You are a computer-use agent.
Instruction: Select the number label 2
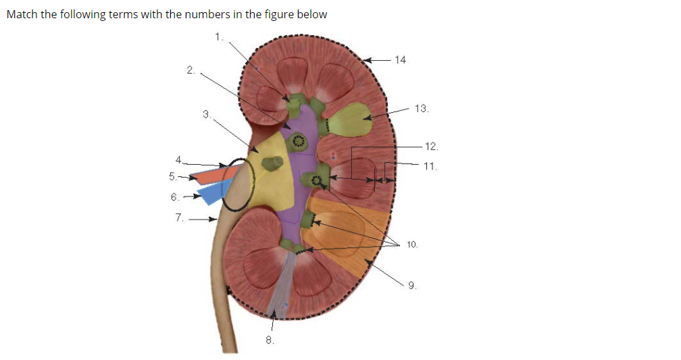point(191,70)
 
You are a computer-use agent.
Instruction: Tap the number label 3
point(206,114)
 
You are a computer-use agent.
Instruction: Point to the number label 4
point(178,160)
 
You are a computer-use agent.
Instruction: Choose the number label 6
point(176,197)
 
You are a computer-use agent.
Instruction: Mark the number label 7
point(179,217)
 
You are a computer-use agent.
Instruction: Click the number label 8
point(269,340)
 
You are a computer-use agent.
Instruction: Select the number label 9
point(411,286)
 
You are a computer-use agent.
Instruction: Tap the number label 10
point(413,244)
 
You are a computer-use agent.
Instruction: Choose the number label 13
point(422,108)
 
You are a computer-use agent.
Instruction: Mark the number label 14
point(401,60)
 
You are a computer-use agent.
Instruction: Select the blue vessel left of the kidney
point(215,192)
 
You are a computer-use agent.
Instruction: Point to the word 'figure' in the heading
point(261,15)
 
